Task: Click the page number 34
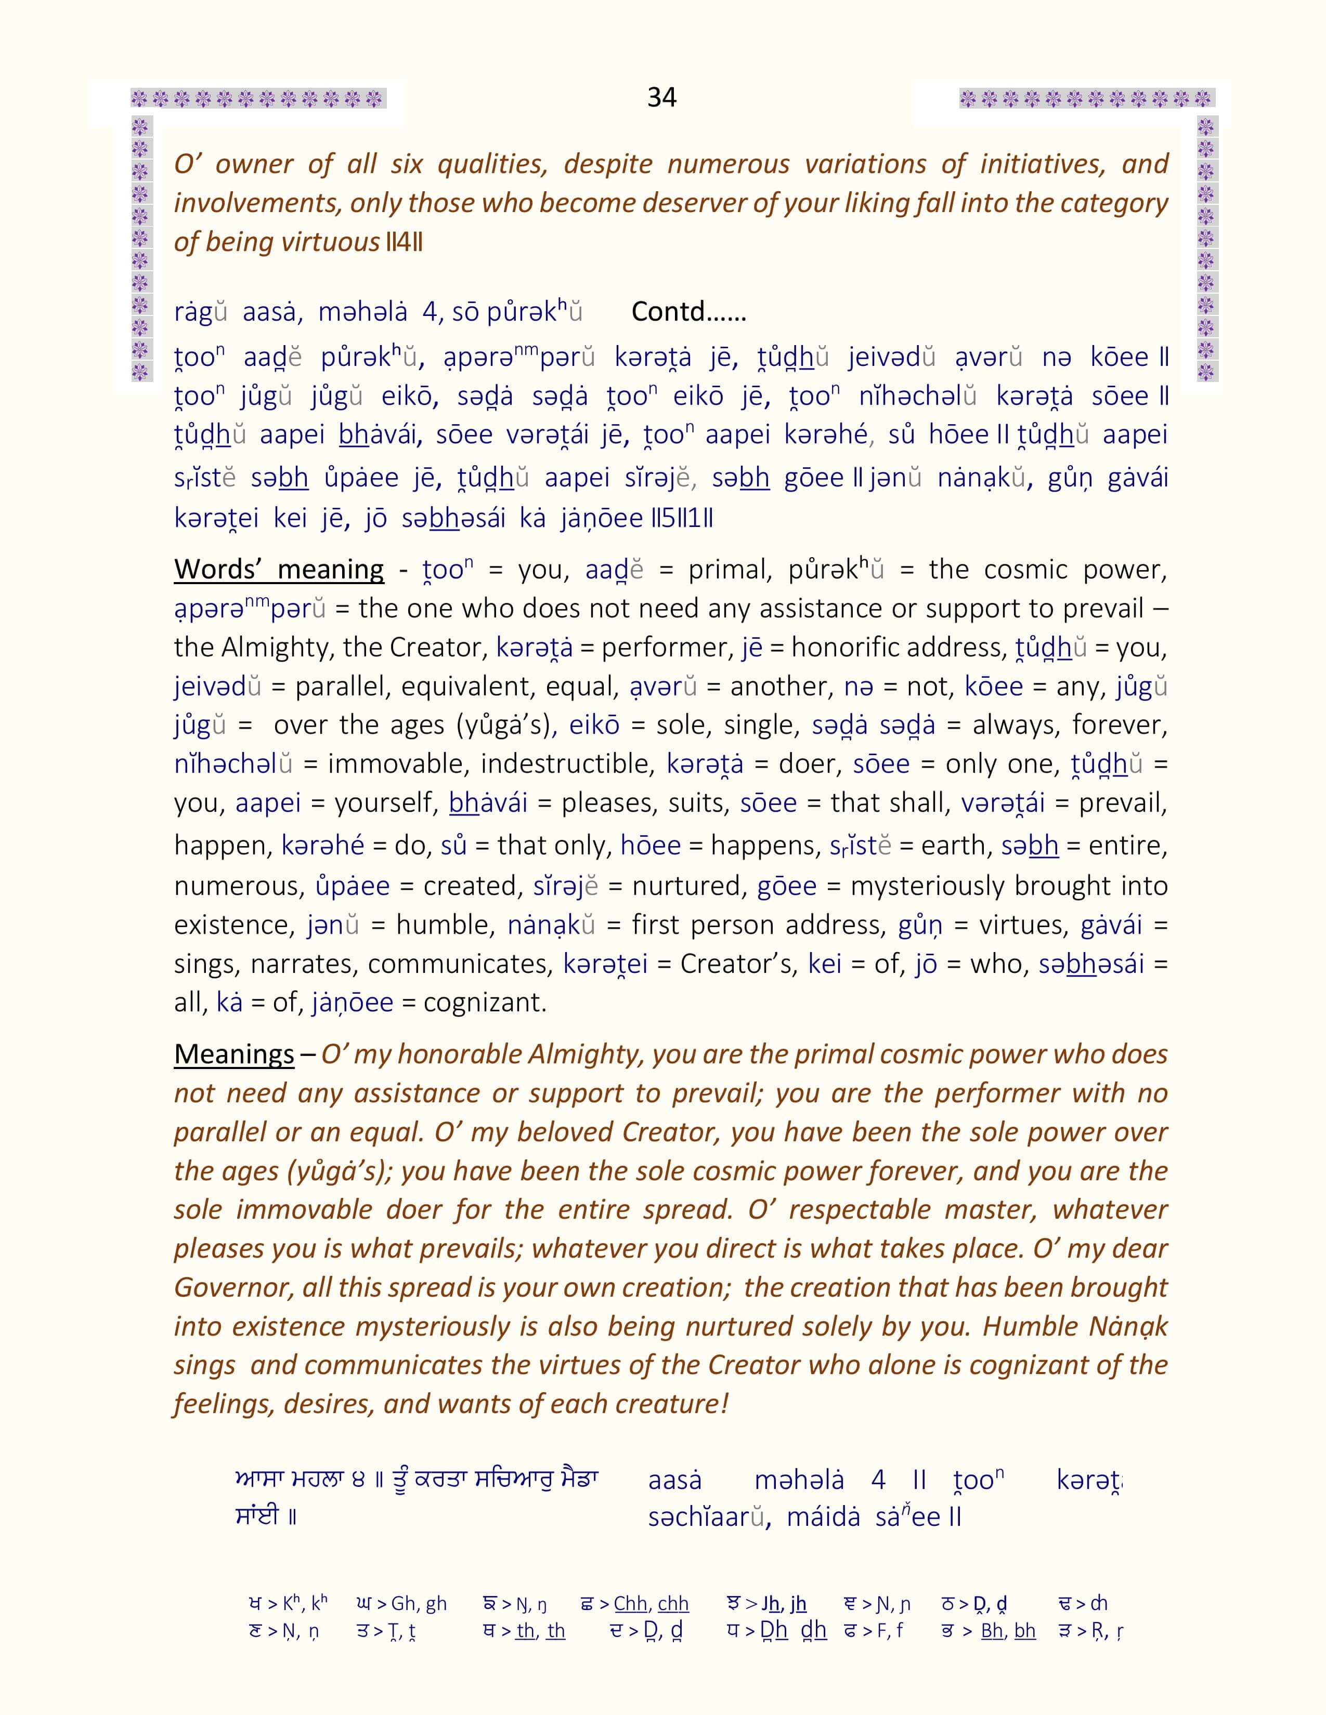661,97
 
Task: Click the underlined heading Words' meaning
279,569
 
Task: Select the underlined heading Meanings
234,1054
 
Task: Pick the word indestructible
567,764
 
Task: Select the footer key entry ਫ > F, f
873,1631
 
